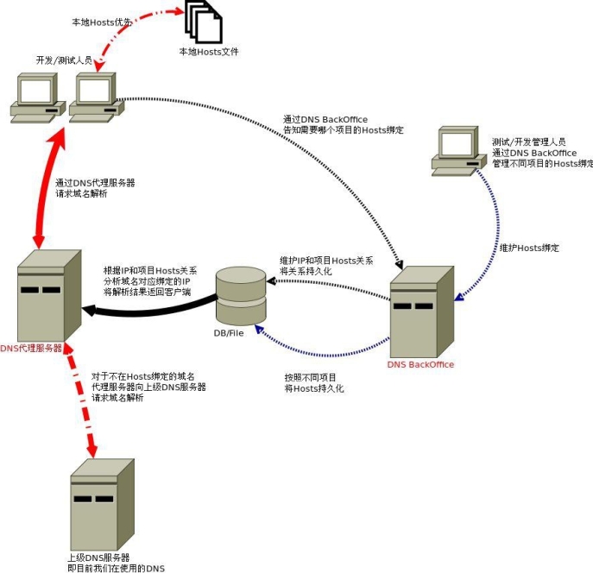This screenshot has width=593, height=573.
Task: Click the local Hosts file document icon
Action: click(204, 23)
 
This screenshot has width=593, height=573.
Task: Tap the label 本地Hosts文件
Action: click(208, 52)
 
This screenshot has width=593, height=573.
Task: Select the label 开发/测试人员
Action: click(64, 60)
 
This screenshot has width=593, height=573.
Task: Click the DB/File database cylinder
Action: click(241, 293)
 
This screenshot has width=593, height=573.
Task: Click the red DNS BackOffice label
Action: click(420, 364)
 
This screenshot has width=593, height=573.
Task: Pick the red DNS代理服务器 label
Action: click(31, 349)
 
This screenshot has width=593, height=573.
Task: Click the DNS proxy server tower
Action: click(47, 293)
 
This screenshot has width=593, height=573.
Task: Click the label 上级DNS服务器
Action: click(98, 557)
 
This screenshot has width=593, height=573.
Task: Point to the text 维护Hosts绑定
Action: click(529, 248)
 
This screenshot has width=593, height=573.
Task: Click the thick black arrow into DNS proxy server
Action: click(147, 309)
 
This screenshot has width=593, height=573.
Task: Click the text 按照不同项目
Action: click(310, 377)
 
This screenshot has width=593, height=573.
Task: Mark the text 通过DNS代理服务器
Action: click(95, 183)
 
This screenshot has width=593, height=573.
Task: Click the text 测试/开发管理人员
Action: click(528, 142)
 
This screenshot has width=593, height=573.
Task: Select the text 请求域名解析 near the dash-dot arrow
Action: click(119, 399)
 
